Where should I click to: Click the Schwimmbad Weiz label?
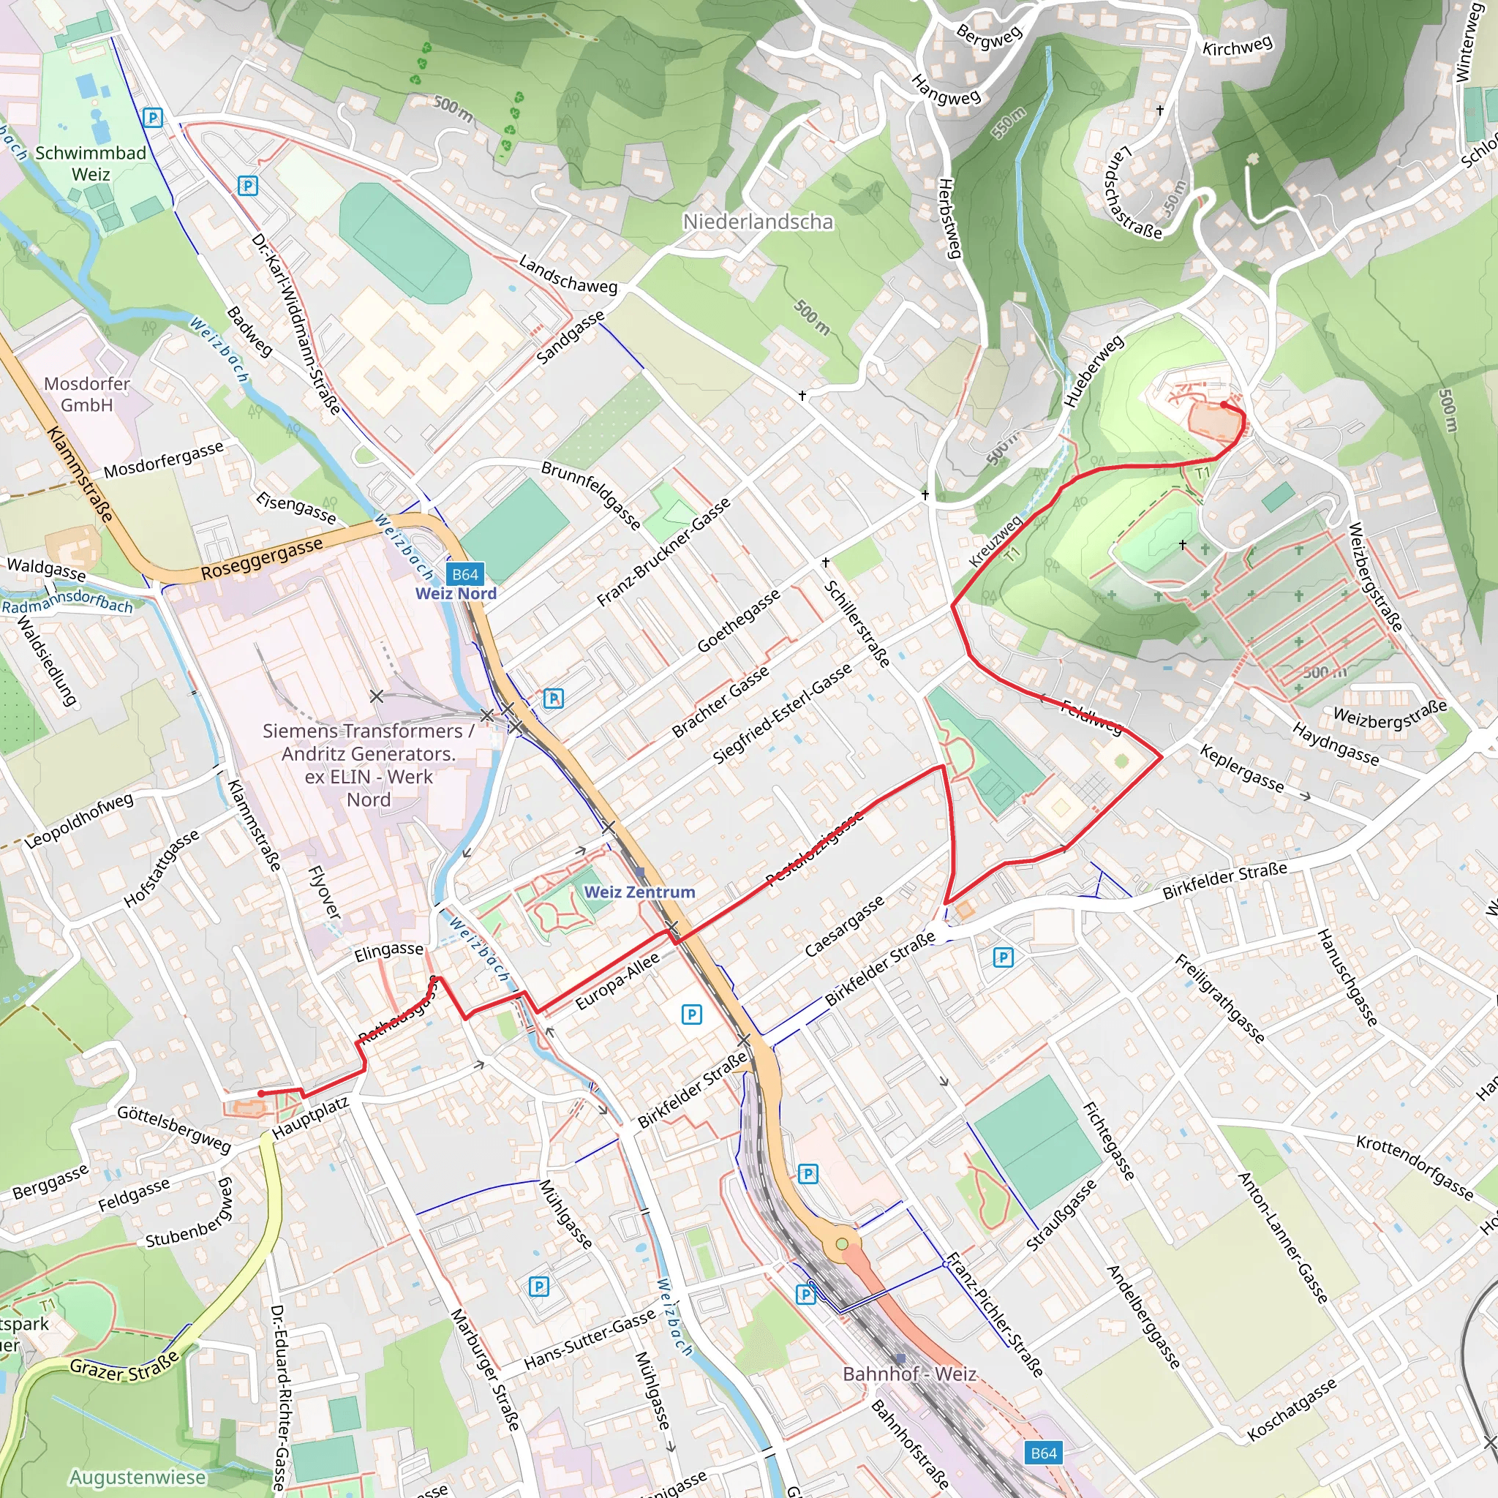pyautogui.click(x=91, y=164)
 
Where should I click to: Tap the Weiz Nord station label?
pyautogui.click(x=456, y=593)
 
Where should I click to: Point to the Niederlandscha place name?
pyautogui.click(x=758, y=222)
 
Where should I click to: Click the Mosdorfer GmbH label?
pyautogui.click(x=87, y=394)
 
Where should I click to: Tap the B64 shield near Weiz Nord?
pyautogui.click(x=465, y=573)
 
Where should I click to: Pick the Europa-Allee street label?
pyautogui.click(x=617, y=982)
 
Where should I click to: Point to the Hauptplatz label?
pyautogui.click(x=310, y=1118)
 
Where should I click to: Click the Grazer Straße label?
pyautogui.click(x=124, y=1366)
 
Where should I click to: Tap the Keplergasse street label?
pyautogui.click(x=1242, y=767)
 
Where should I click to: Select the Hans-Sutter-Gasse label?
pyautogui.click(x=590, y=1340)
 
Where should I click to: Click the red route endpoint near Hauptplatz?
pyautogui.click(x=261, y=1094)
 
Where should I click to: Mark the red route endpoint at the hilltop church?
pyautogui.click(x=1224, y=404)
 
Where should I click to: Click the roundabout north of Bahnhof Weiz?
pyautogui.click(x=841, y=1243)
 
